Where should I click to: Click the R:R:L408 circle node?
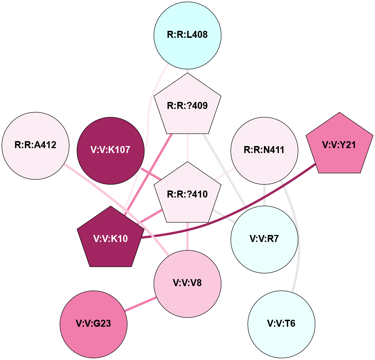(x=187, y=35)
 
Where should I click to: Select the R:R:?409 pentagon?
(x=187, y=105)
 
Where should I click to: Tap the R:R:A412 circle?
(x=35, y=145)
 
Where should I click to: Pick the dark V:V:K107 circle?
(x=110, y=150)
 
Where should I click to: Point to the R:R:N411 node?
(x=264, y=151)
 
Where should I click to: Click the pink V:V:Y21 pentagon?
(x=339, y=145)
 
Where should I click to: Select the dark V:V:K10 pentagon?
(x=110, y=238)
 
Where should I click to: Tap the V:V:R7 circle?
(x=264, y=239)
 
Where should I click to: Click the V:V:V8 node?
(x=187, y=283)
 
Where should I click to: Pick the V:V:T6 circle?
(x=281, y=324)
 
